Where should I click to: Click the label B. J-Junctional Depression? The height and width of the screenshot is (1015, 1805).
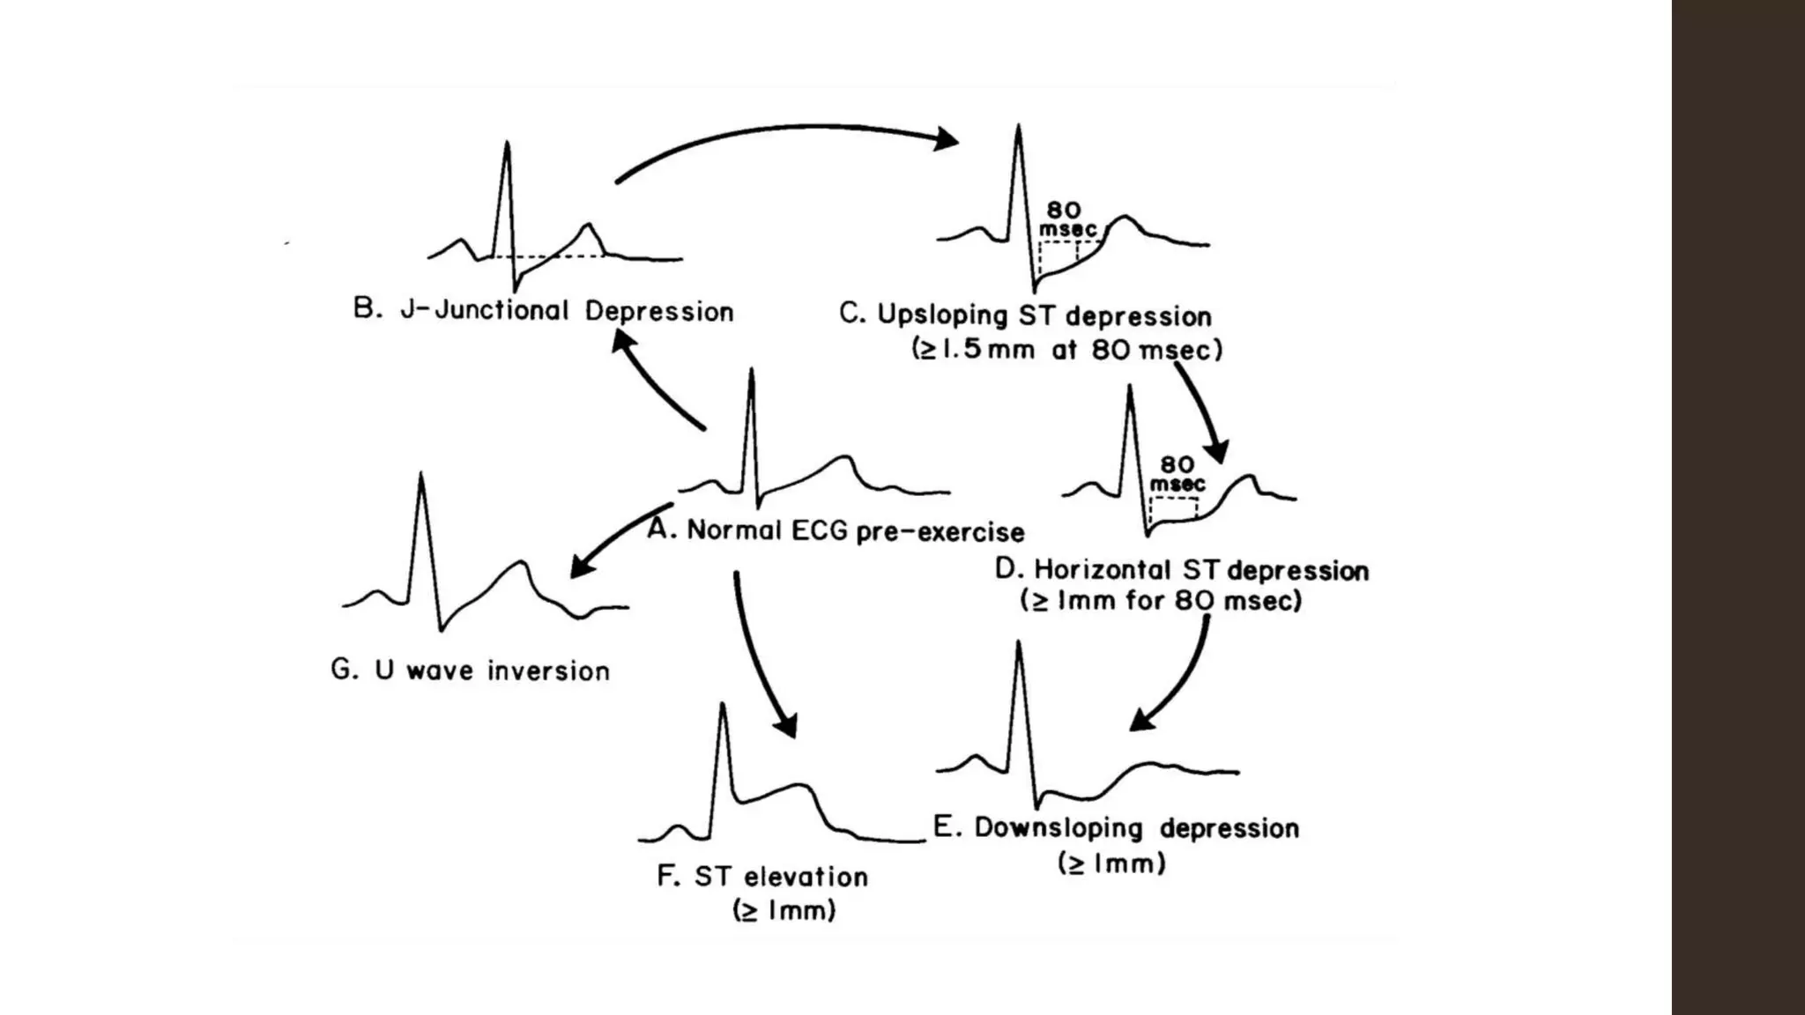tap(543, 311)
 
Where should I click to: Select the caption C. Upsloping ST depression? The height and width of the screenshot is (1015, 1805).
tap(1025, 315)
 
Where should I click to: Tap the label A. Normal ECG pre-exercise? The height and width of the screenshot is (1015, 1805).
tap(836, 531)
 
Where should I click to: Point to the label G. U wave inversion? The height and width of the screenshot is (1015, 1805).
tap(470, 670)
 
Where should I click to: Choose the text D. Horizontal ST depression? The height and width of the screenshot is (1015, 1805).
tap(1182, 570)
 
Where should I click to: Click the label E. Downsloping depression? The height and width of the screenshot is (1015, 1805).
tap(1116, 828)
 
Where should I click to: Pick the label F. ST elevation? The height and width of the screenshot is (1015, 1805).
tap(762, 877)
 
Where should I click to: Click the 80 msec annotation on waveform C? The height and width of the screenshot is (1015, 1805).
tap(1066, 219)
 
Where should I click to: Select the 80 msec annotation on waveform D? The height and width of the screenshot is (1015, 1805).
tap(1177, 474)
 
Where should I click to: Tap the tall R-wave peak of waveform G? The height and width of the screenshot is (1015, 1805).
tap(421, 476)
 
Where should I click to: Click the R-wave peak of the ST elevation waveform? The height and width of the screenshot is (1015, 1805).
tap(723, 706)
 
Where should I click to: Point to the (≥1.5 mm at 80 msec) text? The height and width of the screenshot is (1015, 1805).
tap(1067, 350)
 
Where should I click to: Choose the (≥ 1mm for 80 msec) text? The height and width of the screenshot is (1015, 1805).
tap(1161, 602)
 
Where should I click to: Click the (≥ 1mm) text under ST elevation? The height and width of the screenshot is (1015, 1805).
tap(784, 910)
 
